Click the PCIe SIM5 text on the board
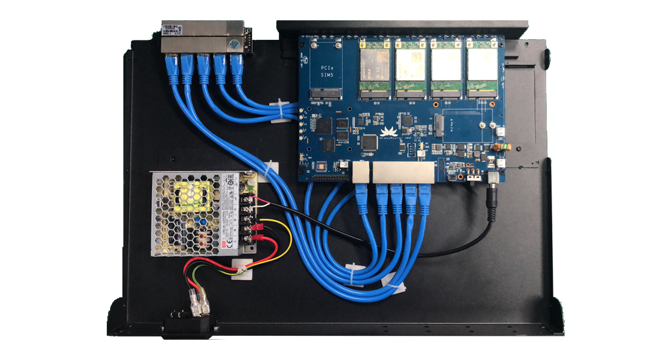tap(325, 72)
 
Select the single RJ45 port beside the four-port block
tap(361, 173)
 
